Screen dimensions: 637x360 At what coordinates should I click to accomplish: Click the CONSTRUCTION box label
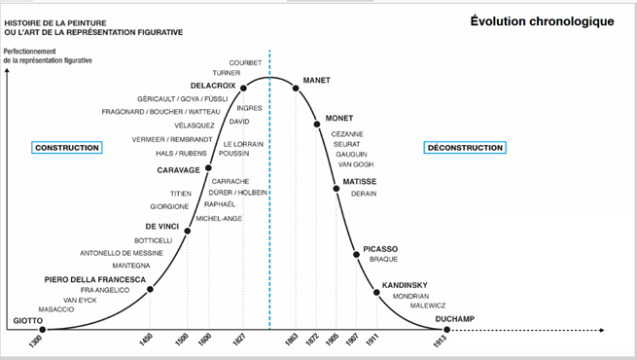(67, 148)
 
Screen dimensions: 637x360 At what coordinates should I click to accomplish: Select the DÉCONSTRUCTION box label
(465, 148)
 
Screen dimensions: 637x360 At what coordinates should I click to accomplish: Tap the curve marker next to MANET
(296, 89)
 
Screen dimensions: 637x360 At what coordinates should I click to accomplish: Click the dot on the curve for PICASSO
(356, 255)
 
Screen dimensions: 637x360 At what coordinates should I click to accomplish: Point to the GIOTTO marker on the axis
(42, 330)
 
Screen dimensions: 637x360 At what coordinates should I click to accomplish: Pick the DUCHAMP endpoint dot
(447, 330)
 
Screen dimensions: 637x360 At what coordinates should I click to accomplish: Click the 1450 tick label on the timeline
(146, 340)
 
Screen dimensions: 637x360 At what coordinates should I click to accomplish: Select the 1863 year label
(292, 340)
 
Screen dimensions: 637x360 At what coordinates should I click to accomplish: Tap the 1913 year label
(440, 342)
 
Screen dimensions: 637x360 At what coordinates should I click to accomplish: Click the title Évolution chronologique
(542, 21)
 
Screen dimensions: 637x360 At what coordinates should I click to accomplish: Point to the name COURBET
(245, 63)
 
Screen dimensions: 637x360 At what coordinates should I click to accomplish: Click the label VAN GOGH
(356, 164)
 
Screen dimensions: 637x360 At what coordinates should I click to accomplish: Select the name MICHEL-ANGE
(219, 219)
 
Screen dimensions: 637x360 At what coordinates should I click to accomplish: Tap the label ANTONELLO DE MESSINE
(122, 253)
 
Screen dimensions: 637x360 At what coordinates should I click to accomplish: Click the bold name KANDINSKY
(405, 285)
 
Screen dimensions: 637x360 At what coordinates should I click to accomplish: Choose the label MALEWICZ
(428, 306)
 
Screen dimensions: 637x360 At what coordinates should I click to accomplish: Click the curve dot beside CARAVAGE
(208, 167)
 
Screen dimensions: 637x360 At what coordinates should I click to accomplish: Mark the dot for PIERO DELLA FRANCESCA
(150, 289)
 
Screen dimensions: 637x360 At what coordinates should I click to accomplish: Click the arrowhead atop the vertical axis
(7, 70)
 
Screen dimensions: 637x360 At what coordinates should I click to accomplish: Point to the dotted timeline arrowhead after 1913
(602, 331)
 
